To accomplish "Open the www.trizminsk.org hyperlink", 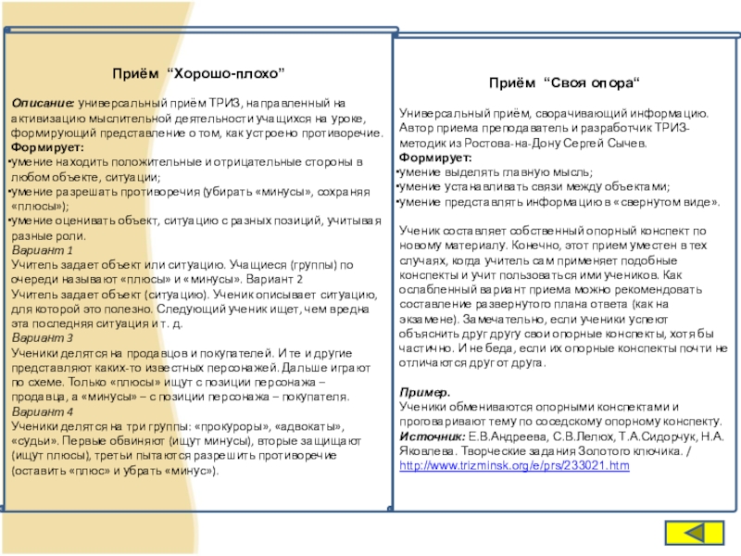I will click(x=513, y=464).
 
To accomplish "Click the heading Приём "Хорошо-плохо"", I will click(x=198, y=72).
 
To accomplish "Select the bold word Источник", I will click(x=432, y=436).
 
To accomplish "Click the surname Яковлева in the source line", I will click(x=425, y=450).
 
